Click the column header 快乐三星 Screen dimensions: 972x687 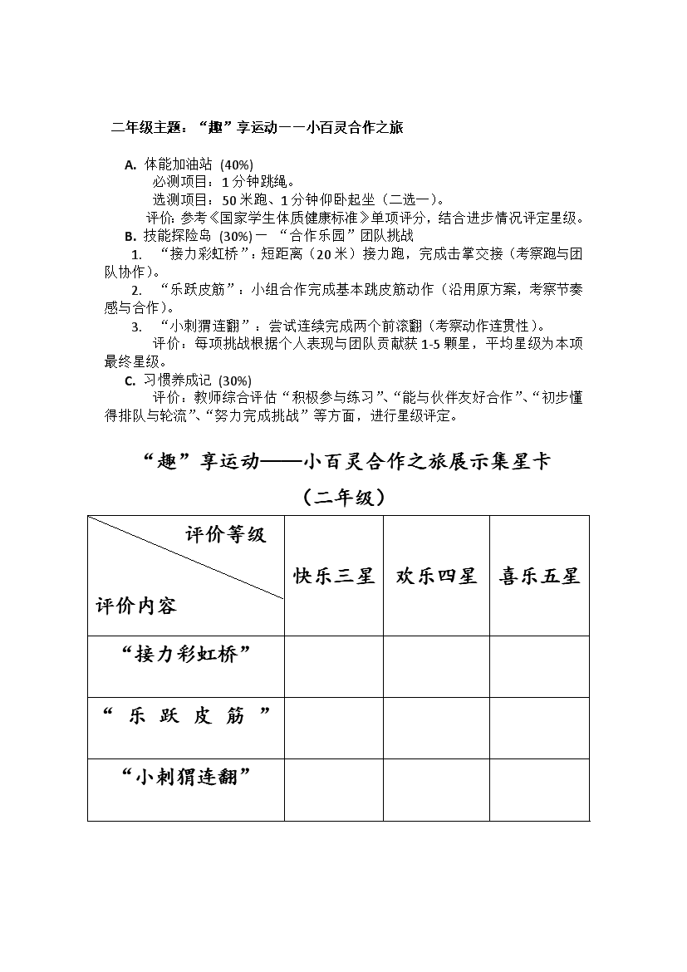coord(334,576)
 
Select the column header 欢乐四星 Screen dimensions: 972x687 coord(436,576)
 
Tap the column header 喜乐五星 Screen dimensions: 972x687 coord(539,576)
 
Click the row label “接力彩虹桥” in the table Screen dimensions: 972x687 coord(186,654)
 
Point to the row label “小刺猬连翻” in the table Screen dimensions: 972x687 coord(186,777)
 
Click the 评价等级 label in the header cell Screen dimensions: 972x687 coord(225,534)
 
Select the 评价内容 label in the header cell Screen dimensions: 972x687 coord(136,606)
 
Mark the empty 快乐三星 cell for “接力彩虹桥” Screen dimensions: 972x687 coord(334,666)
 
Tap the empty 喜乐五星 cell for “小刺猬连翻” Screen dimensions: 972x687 coord(539,789)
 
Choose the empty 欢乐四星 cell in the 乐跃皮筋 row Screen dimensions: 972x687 coord(436,728)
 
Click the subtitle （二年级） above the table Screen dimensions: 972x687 coord(343,498)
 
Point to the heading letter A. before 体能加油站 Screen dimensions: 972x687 coord(130,164)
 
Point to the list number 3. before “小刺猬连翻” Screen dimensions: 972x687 coord(136,326)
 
